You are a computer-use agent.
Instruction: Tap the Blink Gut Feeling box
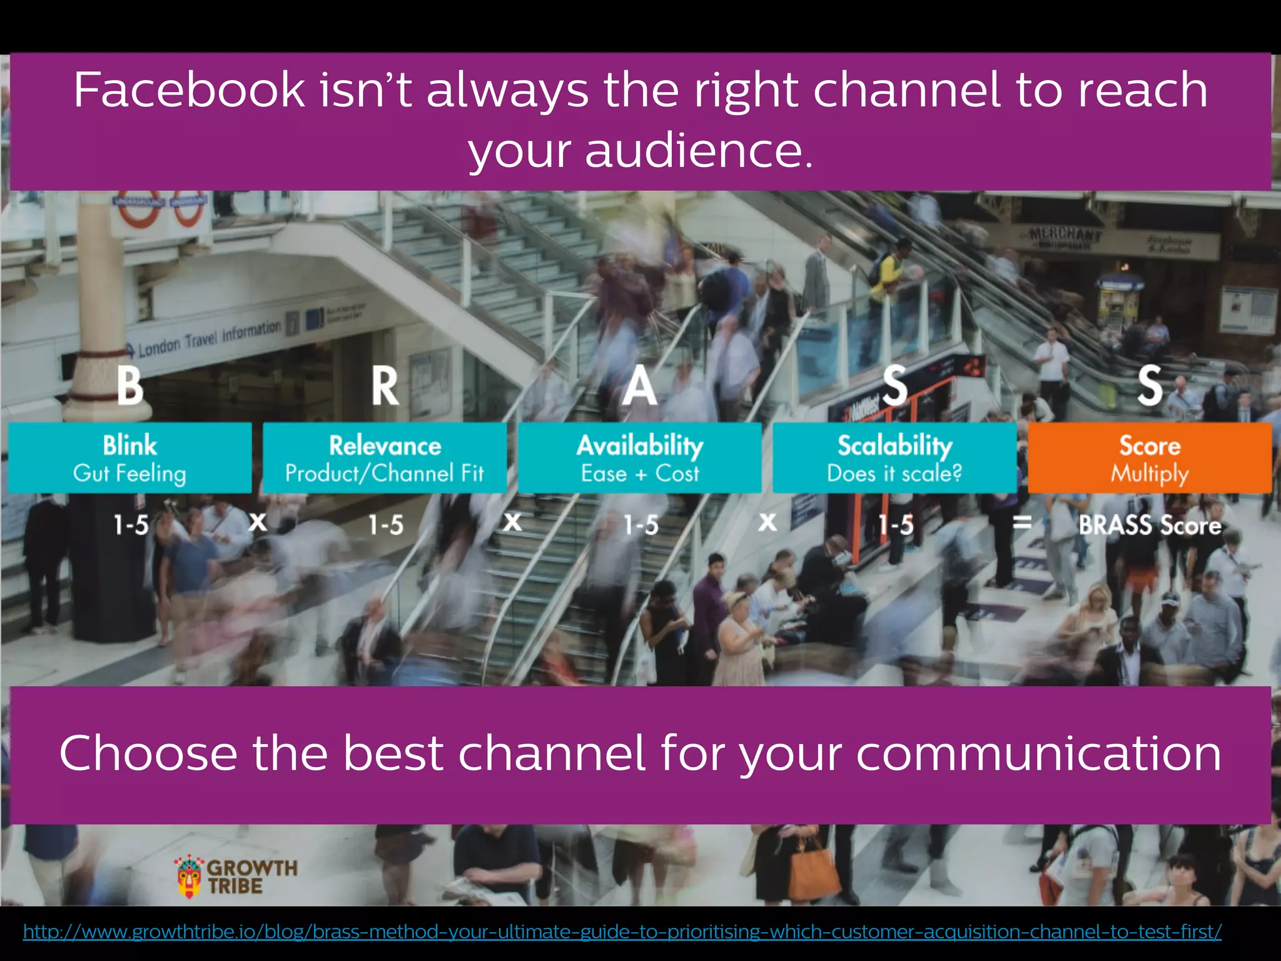130,458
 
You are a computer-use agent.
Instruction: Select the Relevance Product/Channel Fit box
385,458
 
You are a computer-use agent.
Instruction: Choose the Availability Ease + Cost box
640,458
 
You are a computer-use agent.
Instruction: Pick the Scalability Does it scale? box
894,458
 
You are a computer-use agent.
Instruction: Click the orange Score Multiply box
1150,458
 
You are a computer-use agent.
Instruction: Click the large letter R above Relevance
385,386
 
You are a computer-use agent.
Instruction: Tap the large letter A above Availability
639,386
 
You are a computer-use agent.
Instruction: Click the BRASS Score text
1150,525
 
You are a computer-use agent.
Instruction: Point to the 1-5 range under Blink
131,525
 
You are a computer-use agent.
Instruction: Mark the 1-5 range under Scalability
896,525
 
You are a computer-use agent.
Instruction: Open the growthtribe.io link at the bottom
622,932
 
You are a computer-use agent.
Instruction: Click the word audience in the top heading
694,151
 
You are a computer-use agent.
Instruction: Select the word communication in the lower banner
1038,753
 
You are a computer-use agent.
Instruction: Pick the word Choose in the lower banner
148,753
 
